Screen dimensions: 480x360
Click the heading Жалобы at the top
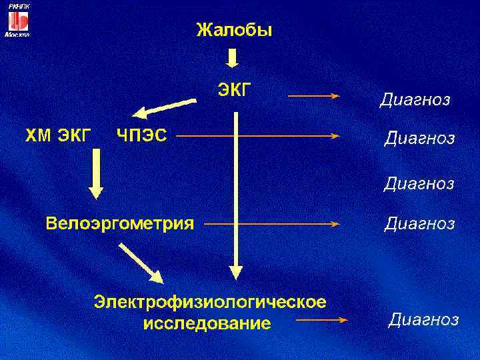pos(233,30)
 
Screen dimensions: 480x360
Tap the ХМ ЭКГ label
pos(58,136)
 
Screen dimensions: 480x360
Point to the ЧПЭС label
pos(141,135)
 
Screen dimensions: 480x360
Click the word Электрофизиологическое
pos(210,302)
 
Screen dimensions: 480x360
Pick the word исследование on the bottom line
pos(207,324)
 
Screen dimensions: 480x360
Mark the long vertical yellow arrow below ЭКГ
pos(235,193)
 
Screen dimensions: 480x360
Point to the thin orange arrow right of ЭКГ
pos(313,96)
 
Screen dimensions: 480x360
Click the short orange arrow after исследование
pos(322,321)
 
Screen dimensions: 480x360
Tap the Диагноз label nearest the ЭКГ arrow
pos(415,100)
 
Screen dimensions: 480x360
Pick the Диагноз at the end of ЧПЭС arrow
pos(419,139)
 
